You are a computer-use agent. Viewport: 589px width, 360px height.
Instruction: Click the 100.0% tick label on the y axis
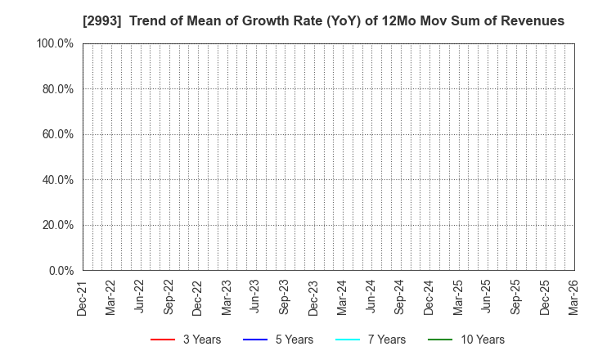tap(55, 43)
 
